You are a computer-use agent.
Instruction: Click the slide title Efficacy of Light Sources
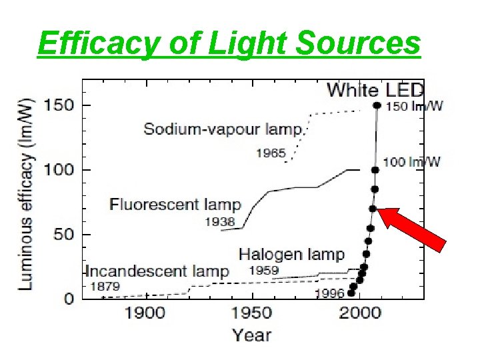(229, 43)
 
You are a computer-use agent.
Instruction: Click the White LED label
(376, 89)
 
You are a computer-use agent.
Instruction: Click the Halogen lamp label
(291, 253)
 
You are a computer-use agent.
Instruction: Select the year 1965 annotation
(271, 154)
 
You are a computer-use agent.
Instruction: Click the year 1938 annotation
(219, 222)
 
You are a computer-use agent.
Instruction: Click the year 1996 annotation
(329, 293)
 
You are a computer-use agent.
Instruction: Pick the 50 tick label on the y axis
(59, 235)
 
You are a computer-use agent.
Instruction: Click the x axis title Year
(252, 335)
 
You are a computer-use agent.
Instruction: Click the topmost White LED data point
(377, 105)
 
